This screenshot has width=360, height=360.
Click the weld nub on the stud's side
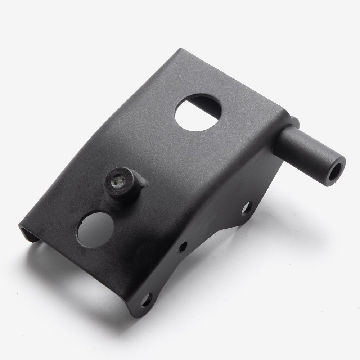(143, 182)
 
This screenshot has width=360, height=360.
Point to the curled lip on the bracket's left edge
(27, 233)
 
